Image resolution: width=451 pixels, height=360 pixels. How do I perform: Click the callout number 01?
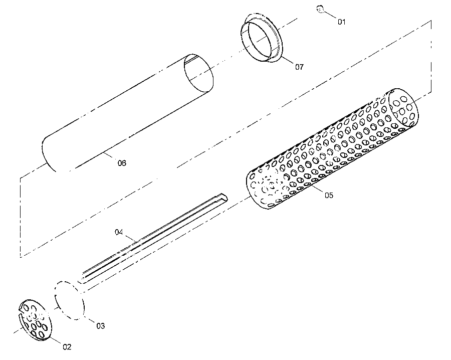341,22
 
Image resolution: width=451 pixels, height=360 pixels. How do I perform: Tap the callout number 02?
67,347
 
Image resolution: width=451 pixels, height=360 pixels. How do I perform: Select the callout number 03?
100,326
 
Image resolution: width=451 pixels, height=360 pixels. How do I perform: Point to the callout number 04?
119,232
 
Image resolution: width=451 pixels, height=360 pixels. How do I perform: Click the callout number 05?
329,195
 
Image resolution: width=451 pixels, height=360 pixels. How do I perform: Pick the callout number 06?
122,163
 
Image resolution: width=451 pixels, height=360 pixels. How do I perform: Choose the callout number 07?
300,67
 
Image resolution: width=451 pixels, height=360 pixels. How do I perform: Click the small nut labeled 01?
320,9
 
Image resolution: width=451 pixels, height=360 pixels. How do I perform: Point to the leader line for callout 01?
330,15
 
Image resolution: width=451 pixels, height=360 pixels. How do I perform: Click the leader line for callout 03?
90,320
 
